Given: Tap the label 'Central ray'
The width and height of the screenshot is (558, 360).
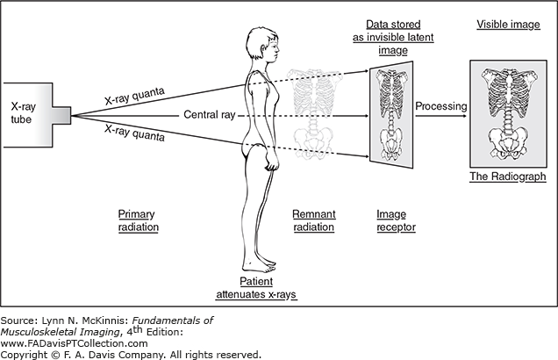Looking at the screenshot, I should click(x=208, y=114).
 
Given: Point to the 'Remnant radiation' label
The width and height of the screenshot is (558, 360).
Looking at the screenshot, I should click(x=313, y=220).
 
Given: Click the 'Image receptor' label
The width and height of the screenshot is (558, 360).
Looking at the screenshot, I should click(x=396, y=220).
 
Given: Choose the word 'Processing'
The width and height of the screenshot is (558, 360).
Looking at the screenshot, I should click(x=440, y=105).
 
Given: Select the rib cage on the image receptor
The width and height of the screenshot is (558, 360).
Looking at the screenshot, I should click(x=389, y=92).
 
